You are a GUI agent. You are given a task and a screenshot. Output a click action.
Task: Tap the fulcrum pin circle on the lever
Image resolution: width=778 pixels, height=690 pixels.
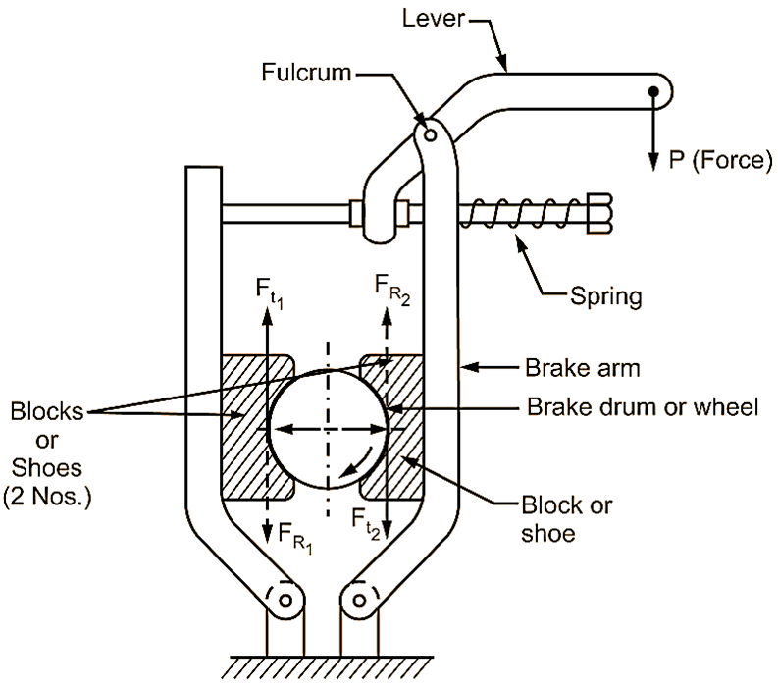point(426,128)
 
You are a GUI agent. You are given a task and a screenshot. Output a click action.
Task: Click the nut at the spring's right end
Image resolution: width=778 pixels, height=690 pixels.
point(599,212)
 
